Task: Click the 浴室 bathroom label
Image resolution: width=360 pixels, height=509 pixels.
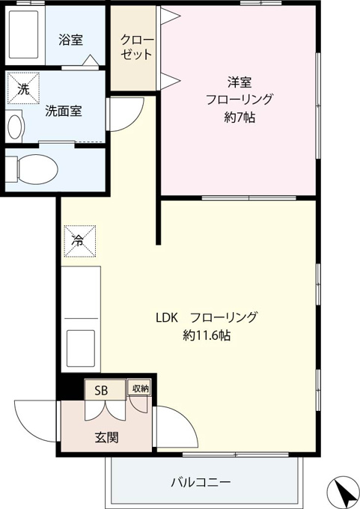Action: pyautogui.click(x=70, y=40)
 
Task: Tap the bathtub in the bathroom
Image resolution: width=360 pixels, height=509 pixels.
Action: pyautogui.click(x=24, y=34)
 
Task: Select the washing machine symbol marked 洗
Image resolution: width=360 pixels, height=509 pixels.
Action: pyautogui.click(x=23, y=88)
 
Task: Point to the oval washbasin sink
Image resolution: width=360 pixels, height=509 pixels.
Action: pyautogui.click(x=16, y=127)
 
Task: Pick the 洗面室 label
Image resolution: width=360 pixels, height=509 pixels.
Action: pyautogui.click(x=64, y=112)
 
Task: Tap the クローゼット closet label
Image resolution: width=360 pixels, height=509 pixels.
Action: pyautogui.click(x=137, y=47)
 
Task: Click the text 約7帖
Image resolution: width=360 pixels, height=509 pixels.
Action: pyautogui.click(x=240, y=118)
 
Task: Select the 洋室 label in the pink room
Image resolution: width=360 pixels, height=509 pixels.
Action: pyautogui.click(x=240, y=82)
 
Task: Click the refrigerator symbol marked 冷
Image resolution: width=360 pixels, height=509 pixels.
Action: pyautogui.click(x=80, y=241)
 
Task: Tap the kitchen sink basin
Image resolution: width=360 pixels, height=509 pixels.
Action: pyautogui.click(x=81, y=348)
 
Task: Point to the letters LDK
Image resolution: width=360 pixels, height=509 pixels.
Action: pyautogui.click(x=167, y=318)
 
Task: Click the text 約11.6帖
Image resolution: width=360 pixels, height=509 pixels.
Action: pyautogui.click(x=207, y=335)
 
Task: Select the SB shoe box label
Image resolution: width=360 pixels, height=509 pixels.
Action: pyautogui.click(x=101, y=391)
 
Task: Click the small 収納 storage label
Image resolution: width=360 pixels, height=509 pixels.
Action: pyautogui.click(x=140, y=388)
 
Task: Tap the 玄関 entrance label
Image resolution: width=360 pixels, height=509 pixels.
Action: pyautogui.click(x=106, y=438)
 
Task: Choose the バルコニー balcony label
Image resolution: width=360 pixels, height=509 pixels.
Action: pyautogui.click(x=201, y=482)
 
